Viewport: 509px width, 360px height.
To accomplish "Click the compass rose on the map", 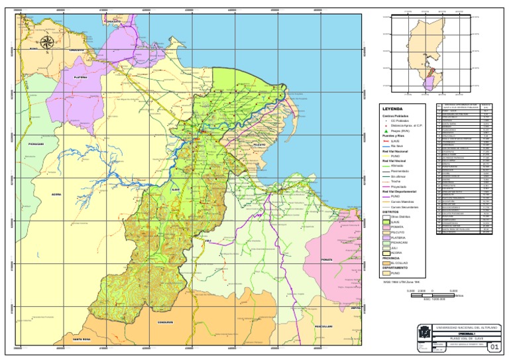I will coord(47,43).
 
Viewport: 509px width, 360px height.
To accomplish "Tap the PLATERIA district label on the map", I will coord(80,78).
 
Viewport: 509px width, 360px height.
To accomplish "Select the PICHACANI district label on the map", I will coord(36,143).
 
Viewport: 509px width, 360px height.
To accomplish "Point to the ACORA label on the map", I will coord(56,194).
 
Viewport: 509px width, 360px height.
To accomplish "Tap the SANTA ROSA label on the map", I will coord(72,339).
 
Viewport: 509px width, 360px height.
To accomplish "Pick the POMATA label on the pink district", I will coord(325,259).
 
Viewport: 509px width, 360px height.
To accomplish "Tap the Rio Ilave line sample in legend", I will coord(385,146).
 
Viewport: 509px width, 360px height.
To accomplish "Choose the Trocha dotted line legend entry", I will coord(385,182).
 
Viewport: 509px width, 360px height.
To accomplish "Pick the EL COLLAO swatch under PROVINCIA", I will coord(385,263).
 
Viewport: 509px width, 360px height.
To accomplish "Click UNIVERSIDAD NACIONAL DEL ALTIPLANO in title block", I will coord(467,328).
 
